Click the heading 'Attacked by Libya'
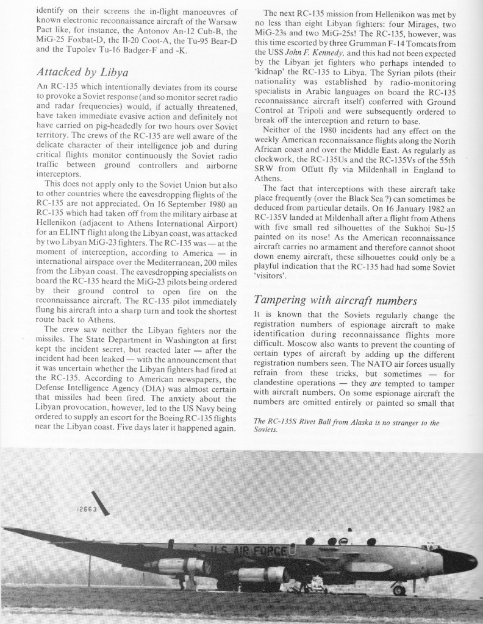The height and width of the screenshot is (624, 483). pyautogui.click(x=84, y=73)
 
